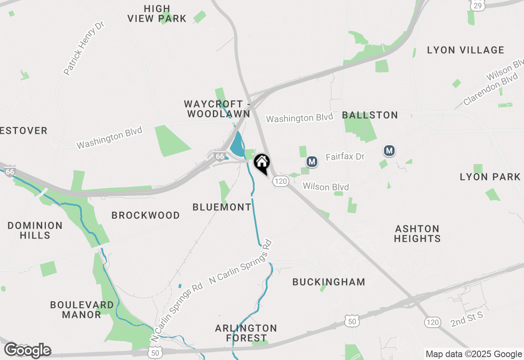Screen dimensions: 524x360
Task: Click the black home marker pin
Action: (262, 164)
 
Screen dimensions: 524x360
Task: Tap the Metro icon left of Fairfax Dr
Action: (312, 162)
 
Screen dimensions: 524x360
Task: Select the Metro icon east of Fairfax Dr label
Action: (389, 151)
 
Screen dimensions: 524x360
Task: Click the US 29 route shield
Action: (477, 5)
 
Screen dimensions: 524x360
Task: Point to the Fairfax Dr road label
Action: (345, 157)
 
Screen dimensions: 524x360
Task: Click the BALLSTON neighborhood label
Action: (370, 115)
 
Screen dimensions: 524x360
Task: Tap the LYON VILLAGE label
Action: (465, 50)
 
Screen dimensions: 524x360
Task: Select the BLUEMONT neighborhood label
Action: (222, 207)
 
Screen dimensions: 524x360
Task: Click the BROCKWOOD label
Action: (146, 215)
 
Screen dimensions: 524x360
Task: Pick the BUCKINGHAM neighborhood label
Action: (329, 282)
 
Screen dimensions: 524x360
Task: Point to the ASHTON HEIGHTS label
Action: (417, 233)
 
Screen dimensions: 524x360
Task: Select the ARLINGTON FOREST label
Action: (246, 333)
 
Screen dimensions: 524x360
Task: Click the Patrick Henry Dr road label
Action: (84, 49)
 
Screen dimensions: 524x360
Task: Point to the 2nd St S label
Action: (467, 319)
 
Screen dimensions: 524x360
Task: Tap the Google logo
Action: (27, 350)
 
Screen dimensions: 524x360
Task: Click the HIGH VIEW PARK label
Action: (157, 13)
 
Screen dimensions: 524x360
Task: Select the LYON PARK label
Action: (490, 177)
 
